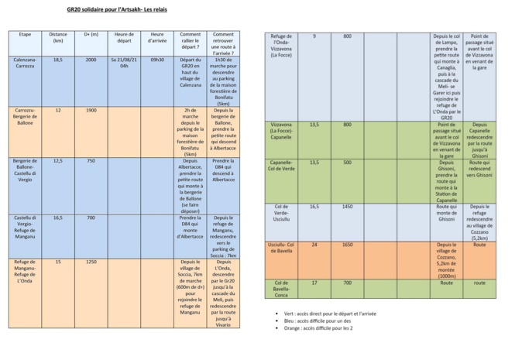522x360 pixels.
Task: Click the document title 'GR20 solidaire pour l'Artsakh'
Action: tap(117, 11)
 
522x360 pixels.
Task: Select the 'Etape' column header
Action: tap(26, 35)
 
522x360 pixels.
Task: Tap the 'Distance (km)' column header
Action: tap(58, 38)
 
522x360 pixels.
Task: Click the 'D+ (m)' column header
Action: tap(91, 35)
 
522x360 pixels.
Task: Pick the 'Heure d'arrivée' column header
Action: tap(157, 38)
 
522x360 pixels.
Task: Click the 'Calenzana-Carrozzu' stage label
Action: tap(26, 63)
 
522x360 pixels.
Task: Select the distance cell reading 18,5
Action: tap(58, 60)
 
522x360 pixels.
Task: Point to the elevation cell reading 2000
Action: tap(91, 60)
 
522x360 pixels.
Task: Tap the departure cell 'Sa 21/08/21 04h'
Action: tap(124, 63)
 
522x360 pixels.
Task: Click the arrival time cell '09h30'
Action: tap(157, 60)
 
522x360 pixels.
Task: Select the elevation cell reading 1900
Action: tap(91, 111)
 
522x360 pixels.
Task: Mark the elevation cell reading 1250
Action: tap(91, 262)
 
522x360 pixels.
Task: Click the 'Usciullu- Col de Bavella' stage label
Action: tap(281, 248)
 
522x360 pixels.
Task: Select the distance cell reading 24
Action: tap(314, 245)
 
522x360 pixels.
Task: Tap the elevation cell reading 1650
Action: tap(348, 245)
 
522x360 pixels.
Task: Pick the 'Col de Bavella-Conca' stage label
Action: tap(281, 289)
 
